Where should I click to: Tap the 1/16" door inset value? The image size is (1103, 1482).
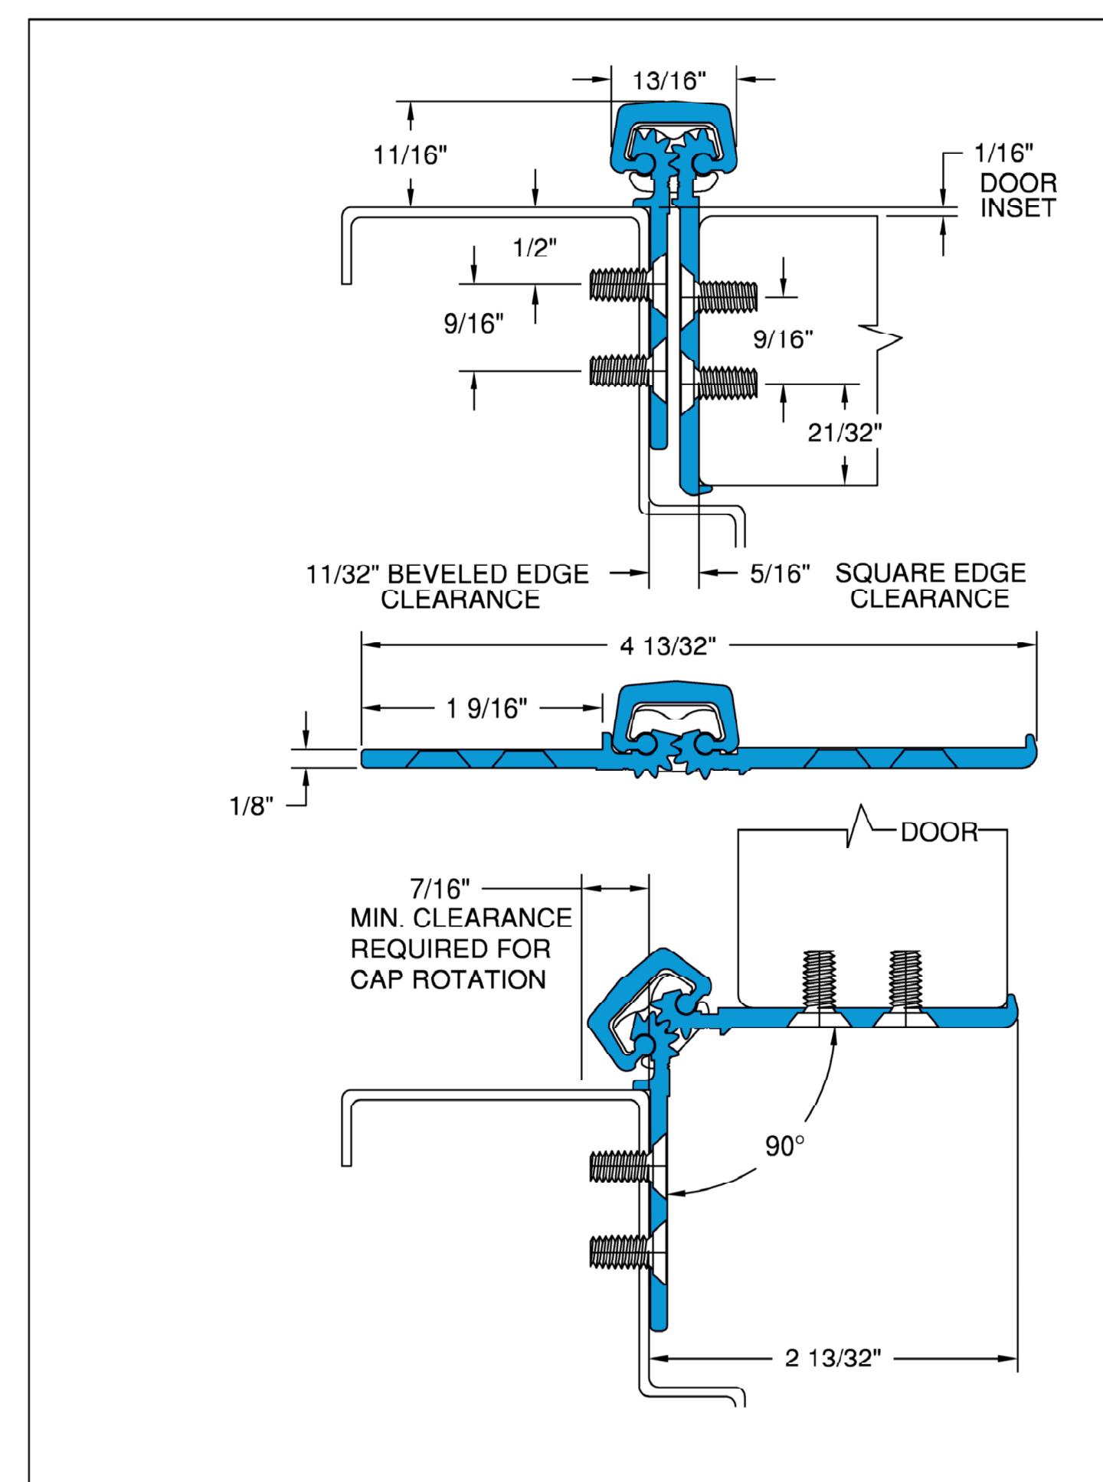point(1002,154)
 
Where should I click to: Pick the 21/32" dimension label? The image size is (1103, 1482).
point(845,433)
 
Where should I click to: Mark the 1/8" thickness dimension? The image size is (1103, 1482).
point(252,808)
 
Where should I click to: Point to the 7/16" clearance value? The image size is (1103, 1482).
point(445,890)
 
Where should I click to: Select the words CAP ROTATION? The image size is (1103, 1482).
point(448,980)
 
